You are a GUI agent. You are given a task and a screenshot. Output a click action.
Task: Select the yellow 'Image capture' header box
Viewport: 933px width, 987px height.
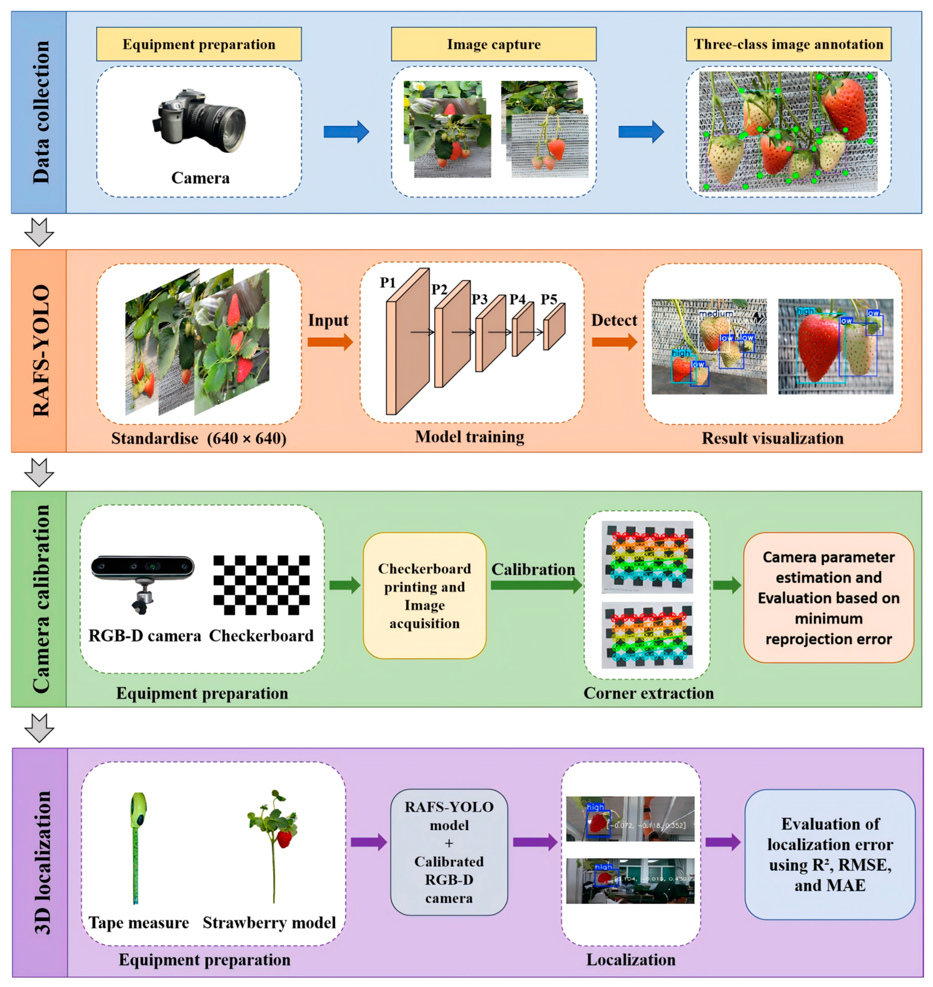[494, 44]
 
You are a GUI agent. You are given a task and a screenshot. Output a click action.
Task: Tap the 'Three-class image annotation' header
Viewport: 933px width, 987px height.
[788, 44]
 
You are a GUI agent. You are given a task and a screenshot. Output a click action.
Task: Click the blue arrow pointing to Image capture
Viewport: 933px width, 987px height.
[346, 132]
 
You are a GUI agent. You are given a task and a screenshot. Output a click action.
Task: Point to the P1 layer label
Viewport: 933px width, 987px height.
[388, 282]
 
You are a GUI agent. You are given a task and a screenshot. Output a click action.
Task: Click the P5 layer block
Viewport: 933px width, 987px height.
[554, 327]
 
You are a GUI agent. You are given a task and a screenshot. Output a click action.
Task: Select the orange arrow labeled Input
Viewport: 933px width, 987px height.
[330, 342]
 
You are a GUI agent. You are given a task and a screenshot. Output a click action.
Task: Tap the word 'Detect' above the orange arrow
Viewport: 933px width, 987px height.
[614, 320]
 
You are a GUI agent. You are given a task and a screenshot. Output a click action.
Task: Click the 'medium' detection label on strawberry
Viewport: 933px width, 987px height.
[716, 314]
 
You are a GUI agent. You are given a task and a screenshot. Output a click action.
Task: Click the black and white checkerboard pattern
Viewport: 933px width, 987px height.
[261, 585]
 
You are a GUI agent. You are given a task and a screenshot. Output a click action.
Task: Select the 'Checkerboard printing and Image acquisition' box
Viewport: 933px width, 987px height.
[424, 596]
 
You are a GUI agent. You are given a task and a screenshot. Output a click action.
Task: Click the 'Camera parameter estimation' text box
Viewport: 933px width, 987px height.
[828, 598]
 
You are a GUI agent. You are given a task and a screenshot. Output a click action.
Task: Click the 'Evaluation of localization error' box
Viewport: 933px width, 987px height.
[830, 854]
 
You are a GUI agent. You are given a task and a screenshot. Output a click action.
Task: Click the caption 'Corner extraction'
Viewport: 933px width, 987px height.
[648, 693]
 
